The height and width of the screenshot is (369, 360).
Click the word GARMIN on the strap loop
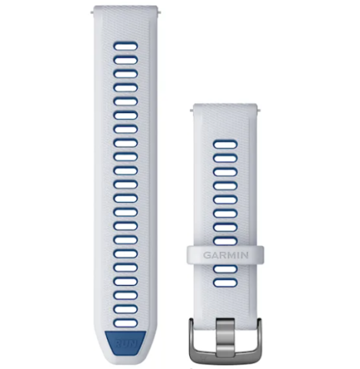click(225, 255)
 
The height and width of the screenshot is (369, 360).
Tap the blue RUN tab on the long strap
click(125, 343)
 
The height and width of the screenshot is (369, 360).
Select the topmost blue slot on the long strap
click(125, 46)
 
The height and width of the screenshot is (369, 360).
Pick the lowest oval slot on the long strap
click(125, 323)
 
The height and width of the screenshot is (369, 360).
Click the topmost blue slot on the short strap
click(225, 145)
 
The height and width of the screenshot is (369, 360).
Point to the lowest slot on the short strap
click(225, 283)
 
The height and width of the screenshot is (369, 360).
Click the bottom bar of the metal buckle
click(225, 356)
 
